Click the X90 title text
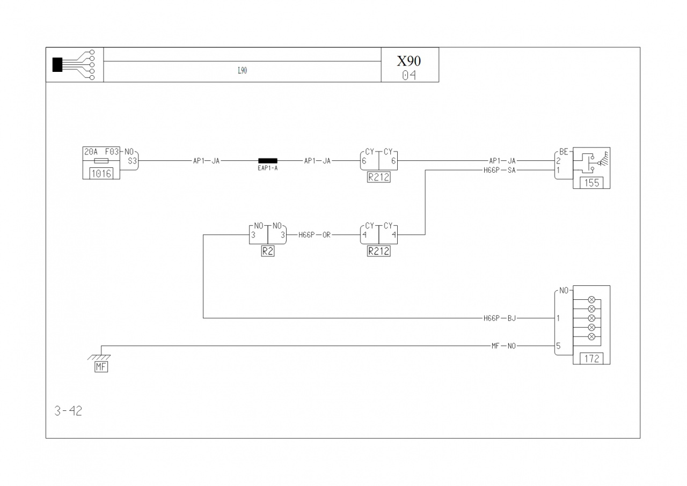(409, 61)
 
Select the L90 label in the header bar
(242, 70)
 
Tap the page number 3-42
(68, 411)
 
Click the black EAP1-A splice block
(268, 160)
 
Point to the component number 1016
(101, 174)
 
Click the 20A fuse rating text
(91, 152)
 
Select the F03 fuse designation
(112, 152)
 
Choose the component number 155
(591, 183)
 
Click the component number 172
(591, 358)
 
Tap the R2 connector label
(268, 251)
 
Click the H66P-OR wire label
(315, 235)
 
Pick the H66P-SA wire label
(500, 171)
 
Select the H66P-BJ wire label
(500, 319)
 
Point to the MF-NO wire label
(503, 346)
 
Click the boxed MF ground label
(101, 367)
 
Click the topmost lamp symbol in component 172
(591, 299)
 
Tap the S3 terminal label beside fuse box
(133, 161)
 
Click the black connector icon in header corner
(57, 65)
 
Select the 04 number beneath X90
(409, 76)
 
